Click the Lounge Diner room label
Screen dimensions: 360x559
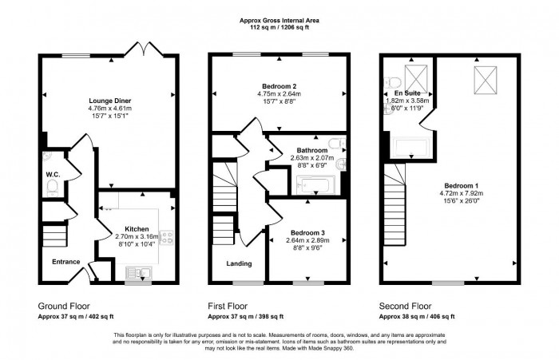pos(110,101)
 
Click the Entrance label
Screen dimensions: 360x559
pos(66,262)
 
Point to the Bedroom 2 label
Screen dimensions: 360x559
pos(279,85)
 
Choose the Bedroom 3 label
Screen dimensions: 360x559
pos(307,231)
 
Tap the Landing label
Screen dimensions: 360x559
pos(238,263)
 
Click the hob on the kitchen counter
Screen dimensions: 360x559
pos(170,238)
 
